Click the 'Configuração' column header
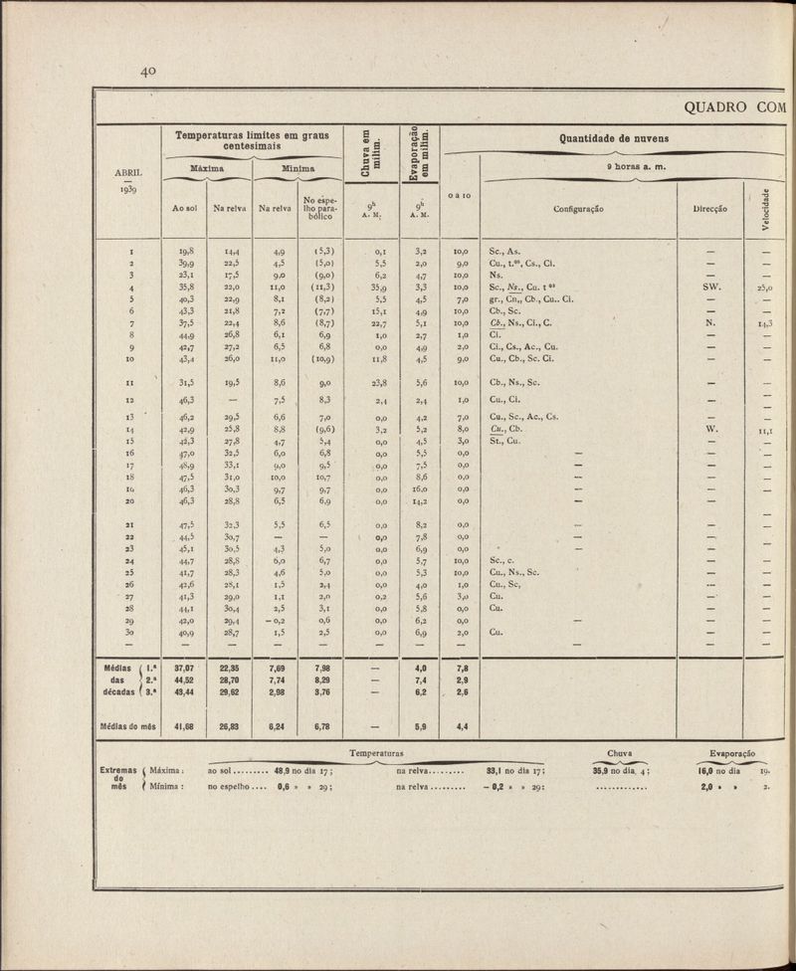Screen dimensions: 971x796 coord(578,209)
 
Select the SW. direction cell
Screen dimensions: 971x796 coord(710,285)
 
